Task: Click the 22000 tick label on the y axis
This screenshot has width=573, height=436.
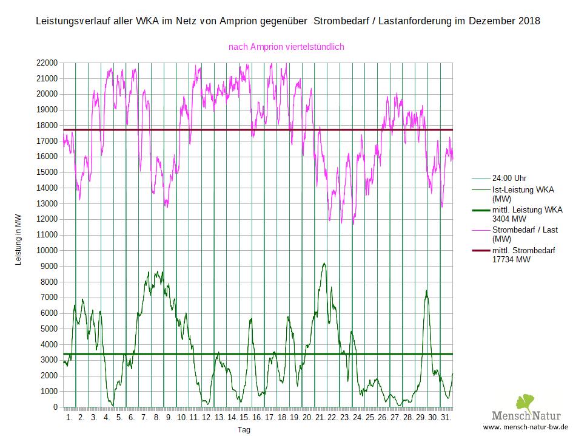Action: click(x=47, y=63)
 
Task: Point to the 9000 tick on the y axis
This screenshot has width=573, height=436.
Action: click(x=49, y=266)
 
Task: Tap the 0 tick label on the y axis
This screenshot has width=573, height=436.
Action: click(x=55, y=407)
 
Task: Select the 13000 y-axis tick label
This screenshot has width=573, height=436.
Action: click(x=47, y=203)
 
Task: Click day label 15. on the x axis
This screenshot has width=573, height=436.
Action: click(x=244, y=418)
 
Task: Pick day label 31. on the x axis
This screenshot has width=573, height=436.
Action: click(x=445, y=418)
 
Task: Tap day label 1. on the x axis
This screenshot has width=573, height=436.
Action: click(x=69, y=418)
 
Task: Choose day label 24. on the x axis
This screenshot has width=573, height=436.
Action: click(x=357, y=418)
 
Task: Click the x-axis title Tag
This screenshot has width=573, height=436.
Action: click(x=244, y=430)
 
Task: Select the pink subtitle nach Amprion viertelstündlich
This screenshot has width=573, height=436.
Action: click(x=287, y=46)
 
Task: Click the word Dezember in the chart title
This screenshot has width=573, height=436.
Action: click(x=485, y=21)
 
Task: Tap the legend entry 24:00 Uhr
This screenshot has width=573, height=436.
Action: click(x=509, y=179)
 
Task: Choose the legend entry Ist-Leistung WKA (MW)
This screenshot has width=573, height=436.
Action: click(x=523, y=194)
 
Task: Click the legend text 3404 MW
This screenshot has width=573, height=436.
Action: click(x=509, y=219)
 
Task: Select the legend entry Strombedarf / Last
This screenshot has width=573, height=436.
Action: click(x=525, y=230)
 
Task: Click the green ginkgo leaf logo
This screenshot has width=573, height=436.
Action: click(x=525, y=403)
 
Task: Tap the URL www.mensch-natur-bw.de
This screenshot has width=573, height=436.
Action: click(x=525, y=427)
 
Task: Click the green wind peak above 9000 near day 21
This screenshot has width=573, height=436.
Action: click(x=324, y=264)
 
